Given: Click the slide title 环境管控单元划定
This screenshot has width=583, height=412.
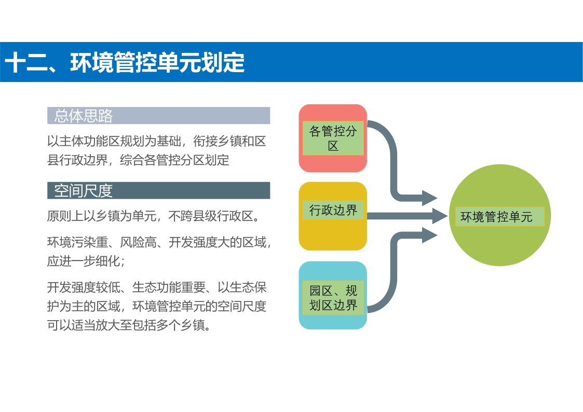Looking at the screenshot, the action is point(157,62).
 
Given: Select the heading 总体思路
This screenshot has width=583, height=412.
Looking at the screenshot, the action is point(83,116).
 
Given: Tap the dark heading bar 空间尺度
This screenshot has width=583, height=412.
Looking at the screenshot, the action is point(158,190).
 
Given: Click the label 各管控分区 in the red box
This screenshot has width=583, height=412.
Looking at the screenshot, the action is point(333,138).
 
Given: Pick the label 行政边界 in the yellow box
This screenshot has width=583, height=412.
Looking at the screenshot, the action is point(333,210).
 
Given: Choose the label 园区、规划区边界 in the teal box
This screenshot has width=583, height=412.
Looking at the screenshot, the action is point(333,297).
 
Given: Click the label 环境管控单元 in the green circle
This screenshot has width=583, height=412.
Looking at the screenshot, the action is point(496,216).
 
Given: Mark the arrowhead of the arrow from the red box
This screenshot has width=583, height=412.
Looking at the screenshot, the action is point(430,198).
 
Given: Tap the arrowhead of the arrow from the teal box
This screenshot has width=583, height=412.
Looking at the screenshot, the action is point(430,235).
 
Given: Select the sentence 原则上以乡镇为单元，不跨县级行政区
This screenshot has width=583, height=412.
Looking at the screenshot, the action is point(150,216).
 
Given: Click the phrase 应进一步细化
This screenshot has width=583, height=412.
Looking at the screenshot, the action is point(83,261).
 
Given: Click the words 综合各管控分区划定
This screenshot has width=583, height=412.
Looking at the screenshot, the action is point(174,160).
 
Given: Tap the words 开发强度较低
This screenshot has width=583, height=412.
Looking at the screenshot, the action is point(84,287).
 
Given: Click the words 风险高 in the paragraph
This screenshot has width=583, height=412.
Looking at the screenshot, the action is point(138,242).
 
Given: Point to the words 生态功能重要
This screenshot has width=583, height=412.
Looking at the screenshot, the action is point(168,287).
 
